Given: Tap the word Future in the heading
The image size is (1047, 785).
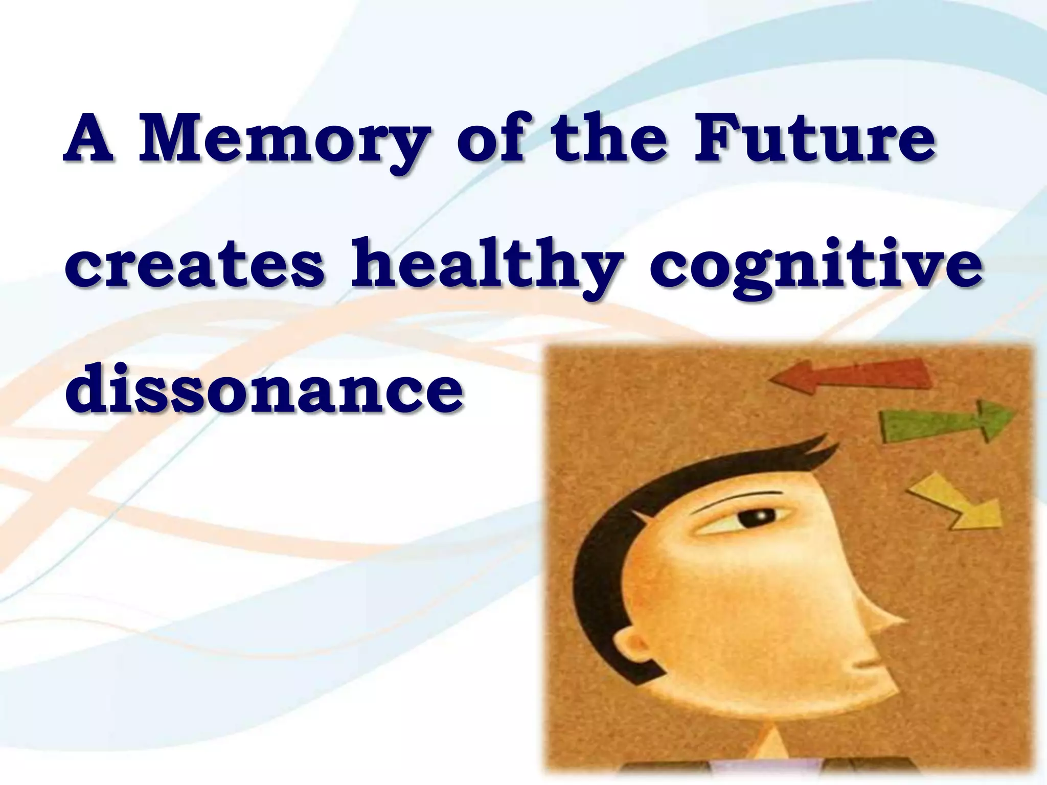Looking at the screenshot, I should point(815,139).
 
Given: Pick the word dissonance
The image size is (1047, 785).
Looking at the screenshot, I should point(264,390).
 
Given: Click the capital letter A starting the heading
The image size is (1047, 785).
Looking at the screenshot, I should point(89,139).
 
